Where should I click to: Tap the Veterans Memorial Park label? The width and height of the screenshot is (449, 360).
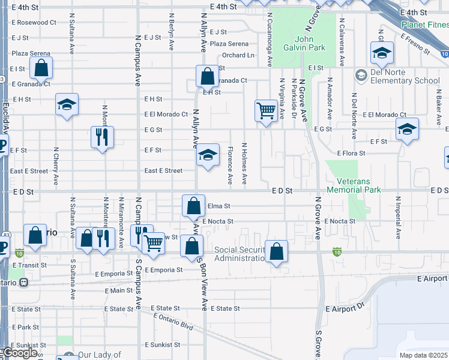point(354,185)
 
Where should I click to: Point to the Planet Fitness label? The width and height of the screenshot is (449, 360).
point(425,25)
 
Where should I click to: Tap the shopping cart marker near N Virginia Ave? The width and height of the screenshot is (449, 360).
point(266,110)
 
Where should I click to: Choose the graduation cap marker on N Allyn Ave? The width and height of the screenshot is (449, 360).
point(208,156)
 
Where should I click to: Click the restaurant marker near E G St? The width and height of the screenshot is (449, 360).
point(102,137)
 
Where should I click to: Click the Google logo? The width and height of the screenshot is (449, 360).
point(22,353)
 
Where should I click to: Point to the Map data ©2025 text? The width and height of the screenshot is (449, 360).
point(423,355)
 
